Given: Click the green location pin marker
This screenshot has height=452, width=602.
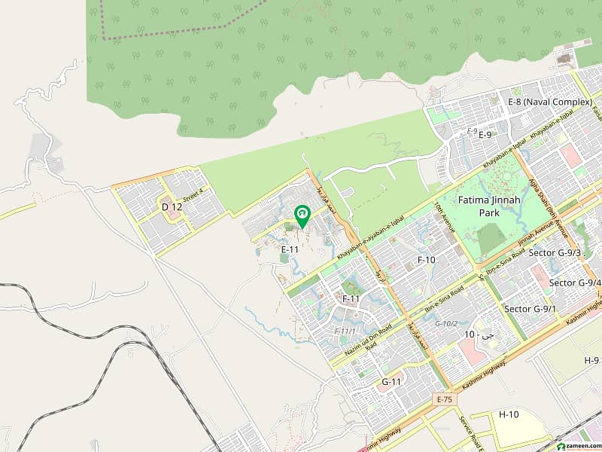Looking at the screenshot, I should tap(302, 216).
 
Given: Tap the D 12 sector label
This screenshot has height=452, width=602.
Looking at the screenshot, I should tap(172, 206).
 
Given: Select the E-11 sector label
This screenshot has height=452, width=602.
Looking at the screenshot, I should tap(290, 249).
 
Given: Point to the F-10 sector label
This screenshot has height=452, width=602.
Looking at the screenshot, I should tap(427, 259).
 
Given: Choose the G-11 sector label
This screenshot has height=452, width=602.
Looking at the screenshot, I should tap(391, 382).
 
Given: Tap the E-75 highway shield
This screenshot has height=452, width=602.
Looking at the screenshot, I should tap(443, 398).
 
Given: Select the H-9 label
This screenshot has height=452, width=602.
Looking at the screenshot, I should tap(591, 361).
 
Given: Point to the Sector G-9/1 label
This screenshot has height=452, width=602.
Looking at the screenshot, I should tap(530, 309).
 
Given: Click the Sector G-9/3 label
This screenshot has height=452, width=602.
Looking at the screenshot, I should tap(555, 252).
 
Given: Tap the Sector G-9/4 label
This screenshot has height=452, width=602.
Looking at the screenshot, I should tap(575, 282).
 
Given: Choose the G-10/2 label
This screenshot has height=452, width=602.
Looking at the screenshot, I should tap(446, 323).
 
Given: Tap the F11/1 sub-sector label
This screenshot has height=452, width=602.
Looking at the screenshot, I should tap(344, 331).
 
